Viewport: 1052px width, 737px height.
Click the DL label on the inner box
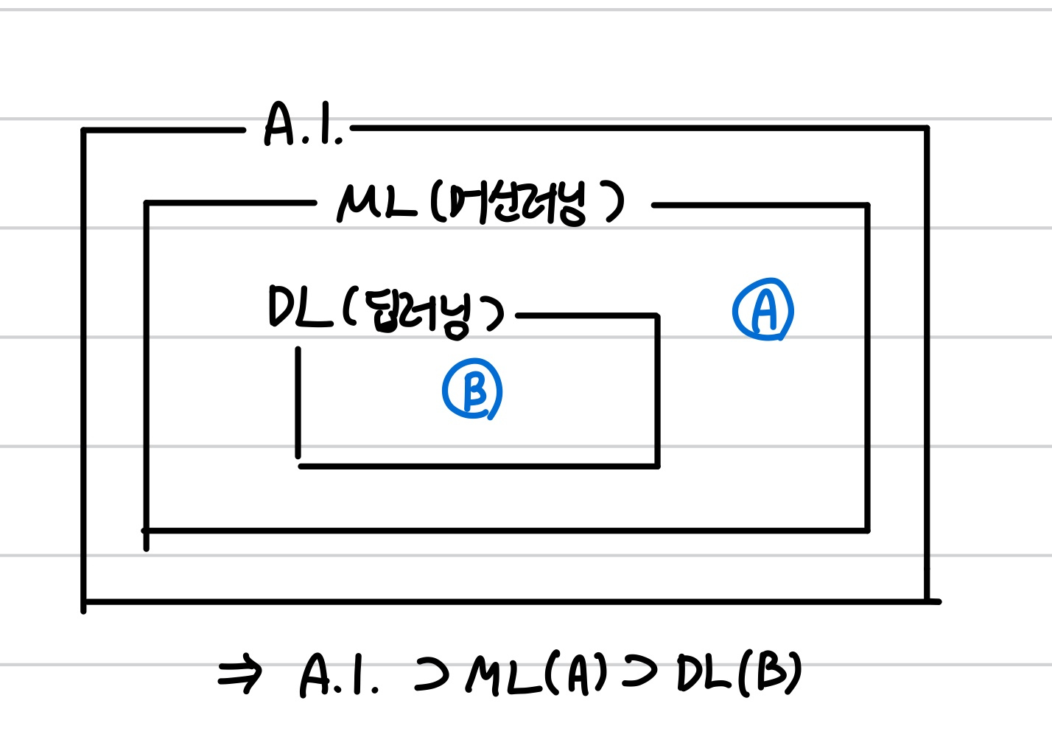(x=299, y=307)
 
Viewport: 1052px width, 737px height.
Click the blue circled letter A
(x=763, y=310)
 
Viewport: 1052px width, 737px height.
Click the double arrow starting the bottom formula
(x=240, y=674)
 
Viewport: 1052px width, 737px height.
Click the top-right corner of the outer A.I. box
(x=926, y=129)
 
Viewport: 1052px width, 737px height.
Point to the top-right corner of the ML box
(x=867, y=206)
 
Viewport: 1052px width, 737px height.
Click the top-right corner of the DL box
(x=657, y=316)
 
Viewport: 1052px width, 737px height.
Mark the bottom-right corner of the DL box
(x=657, y=466)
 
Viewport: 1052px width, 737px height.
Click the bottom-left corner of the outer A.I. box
(x=84, y=602)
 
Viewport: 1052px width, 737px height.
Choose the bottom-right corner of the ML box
(x=867, y=529)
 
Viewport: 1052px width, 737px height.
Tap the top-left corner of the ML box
(x=147, y=203)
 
